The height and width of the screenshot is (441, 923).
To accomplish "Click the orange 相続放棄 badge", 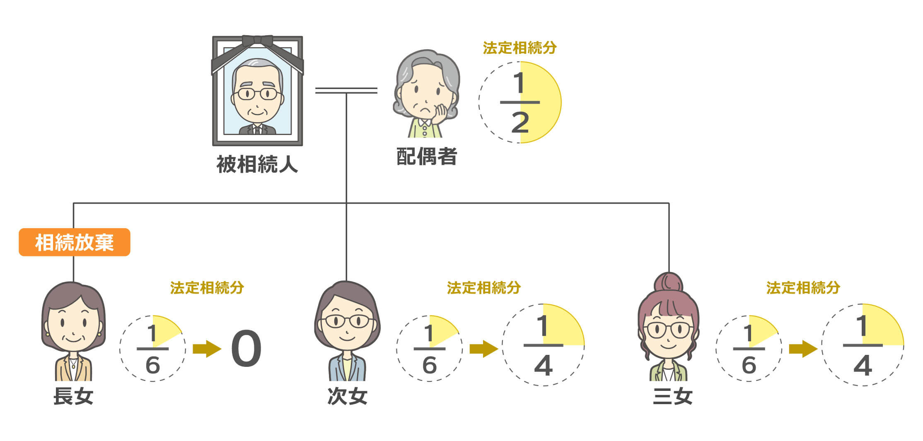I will click(75, 242).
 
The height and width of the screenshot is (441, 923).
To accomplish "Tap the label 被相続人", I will click(257, 164).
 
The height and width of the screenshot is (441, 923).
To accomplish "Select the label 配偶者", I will click(427, 157).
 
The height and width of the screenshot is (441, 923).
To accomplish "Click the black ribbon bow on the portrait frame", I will click(257, 41).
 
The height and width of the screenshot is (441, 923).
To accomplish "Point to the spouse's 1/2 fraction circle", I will click(520, 102).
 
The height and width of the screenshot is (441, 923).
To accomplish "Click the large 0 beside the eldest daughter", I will click(246, 349).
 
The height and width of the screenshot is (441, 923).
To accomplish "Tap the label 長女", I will click(73, 396).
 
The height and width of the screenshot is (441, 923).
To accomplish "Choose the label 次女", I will click(347, 396).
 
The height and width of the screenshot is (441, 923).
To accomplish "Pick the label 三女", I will click(672, 396).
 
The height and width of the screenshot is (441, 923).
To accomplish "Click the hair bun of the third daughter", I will click(668, 283).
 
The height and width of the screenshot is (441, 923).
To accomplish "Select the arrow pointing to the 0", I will click(207, 349).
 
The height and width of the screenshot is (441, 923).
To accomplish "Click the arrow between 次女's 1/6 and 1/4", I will click(483, 349).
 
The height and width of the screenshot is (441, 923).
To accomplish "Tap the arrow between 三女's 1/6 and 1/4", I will click(803, 349).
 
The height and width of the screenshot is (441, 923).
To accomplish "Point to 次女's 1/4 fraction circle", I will click(543, 345).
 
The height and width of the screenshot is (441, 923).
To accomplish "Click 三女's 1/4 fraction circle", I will click(863, 345).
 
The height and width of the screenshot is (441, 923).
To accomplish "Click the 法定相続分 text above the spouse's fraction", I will click(519, 48).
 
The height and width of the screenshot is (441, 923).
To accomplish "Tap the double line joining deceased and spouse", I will click(346, 90).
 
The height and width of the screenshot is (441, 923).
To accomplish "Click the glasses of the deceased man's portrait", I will click(257, 94).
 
